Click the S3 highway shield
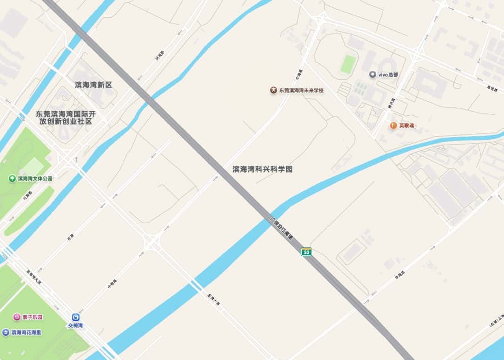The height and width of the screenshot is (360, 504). tap(306, 252)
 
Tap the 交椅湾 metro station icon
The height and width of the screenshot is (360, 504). tap(75, 317)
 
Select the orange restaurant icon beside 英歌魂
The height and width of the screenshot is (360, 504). tap(393, 125)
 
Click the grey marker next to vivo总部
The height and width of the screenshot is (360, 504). tap(372, 74)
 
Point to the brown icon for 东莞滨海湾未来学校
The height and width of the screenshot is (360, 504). tap(273, 90)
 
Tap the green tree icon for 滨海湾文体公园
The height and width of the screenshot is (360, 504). tap(12, 178)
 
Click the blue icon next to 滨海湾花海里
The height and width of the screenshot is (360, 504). tap(6, 332)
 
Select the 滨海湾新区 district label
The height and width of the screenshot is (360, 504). tap(93, 85)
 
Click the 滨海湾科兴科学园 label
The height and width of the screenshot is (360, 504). tap(262, 169)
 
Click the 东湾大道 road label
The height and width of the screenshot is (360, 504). tap(213, 297)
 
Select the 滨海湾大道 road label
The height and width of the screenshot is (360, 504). tap(34, 278)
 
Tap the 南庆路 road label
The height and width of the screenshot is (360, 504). tap(391, 104)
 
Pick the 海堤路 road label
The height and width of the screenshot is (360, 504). tap(492, 88)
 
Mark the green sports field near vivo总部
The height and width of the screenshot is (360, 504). tap(348, 64)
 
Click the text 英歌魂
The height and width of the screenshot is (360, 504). tap(407, 126)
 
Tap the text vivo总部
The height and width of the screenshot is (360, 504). tap(388, 74)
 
